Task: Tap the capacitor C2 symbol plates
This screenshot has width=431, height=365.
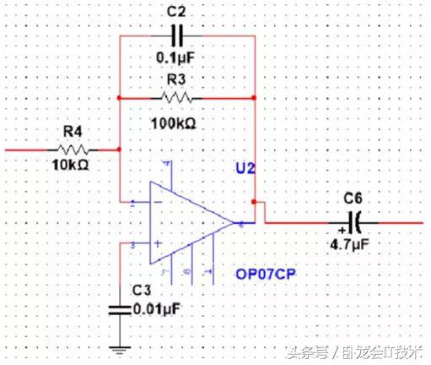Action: [176, 36]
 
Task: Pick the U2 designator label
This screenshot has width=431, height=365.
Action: [245, 169]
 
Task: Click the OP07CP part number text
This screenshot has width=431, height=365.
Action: [270, 275]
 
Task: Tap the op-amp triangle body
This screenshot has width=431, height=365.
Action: [186, 224]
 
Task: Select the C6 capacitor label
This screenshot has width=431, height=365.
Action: [353, 199]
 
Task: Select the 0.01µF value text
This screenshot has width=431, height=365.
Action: [159, 309]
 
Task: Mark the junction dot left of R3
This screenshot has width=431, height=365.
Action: [120, 98]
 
